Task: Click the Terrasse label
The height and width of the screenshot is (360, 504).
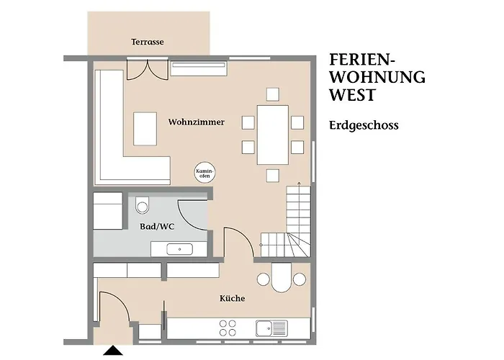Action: [x=147, y=42]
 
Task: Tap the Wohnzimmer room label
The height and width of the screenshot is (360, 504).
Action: [x=197, y=122]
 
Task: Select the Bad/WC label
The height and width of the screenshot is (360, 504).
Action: [x=157, y=227]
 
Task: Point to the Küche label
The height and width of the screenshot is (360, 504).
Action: [x=232, y=298]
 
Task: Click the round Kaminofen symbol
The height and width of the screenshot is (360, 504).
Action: [x=204, y=173]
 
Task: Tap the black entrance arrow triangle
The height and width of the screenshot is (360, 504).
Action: [x=113, y=351]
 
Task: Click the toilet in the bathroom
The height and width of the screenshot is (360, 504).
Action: [x=143, y=204]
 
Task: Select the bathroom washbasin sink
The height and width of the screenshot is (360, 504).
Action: [x=179, y=249]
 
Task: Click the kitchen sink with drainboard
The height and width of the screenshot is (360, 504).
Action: [x=271, y=328]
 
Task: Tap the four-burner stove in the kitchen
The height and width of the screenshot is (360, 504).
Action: [x=228, y=328]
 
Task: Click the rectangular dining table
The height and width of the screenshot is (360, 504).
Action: [x=273, y=135]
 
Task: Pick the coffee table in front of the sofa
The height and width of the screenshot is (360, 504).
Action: [x=145, y=129]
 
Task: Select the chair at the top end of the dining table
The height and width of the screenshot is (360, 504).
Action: [x=273, y=94]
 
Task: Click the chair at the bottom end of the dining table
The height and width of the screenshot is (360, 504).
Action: [x=273, y=176]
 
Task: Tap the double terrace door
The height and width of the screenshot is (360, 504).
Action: [x=148, y=69]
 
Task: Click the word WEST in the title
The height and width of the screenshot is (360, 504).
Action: [x=353, y=95]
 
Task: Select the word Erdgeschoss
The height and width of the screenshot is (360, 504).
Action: [x=364, y=125]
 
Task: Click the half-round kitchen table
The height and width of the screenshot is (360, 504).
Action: [x=282, y=278]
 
